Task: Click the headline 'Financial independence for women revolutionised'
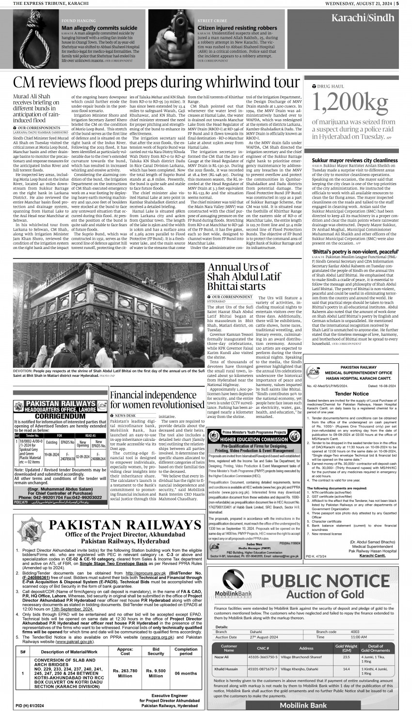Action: pos(157,400)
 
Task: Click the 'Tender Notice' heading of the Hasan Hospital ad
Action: pos(358,394)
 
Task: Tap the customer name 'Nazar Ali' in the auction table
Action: pos(222,657)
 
